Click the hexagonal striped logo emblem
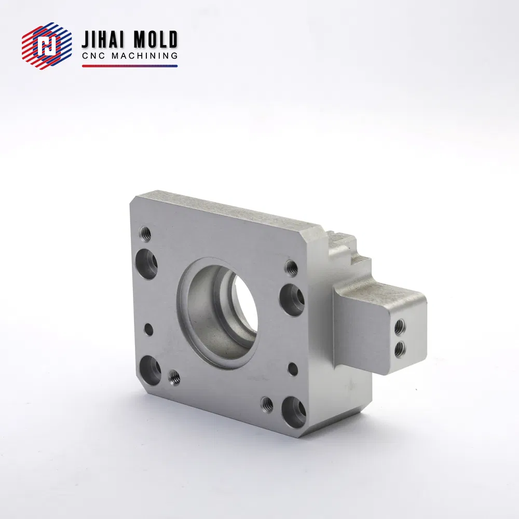click(x=47, y=46)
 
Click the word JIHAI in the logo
click(x=102, y=40)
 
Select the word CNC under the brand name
click(x=94, y=56)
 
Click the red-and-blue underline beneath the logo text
click(x=130, y=66)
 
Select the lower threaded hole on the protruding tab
click(x=400, y=348)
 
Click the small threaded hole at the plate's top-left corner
click(x=145, y=234)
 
